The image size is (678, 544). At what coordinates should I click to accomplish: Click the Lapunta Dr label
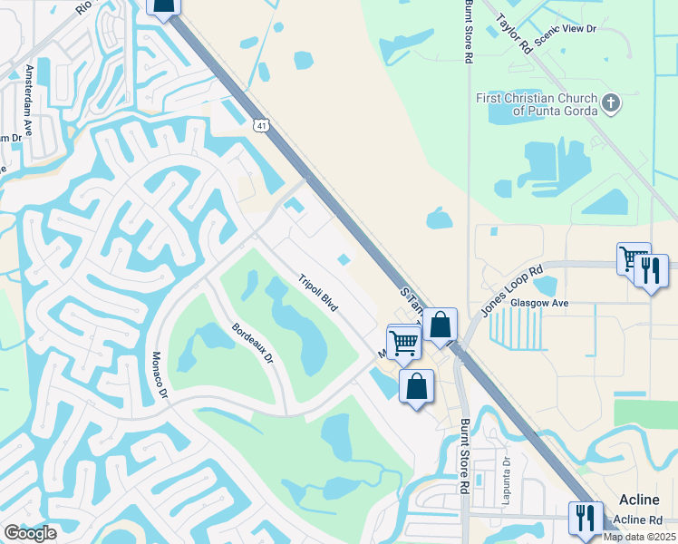click(x=508, y=475)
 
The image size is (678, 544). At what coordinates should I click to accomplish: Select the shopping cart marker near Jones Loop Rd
click(x=633, y=258)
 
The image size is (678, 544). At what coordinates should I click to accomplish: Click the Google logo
click(x=30, y=533)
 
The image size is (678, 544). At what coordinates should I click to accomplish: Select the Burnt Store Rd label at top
click(x=469, y=31)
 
